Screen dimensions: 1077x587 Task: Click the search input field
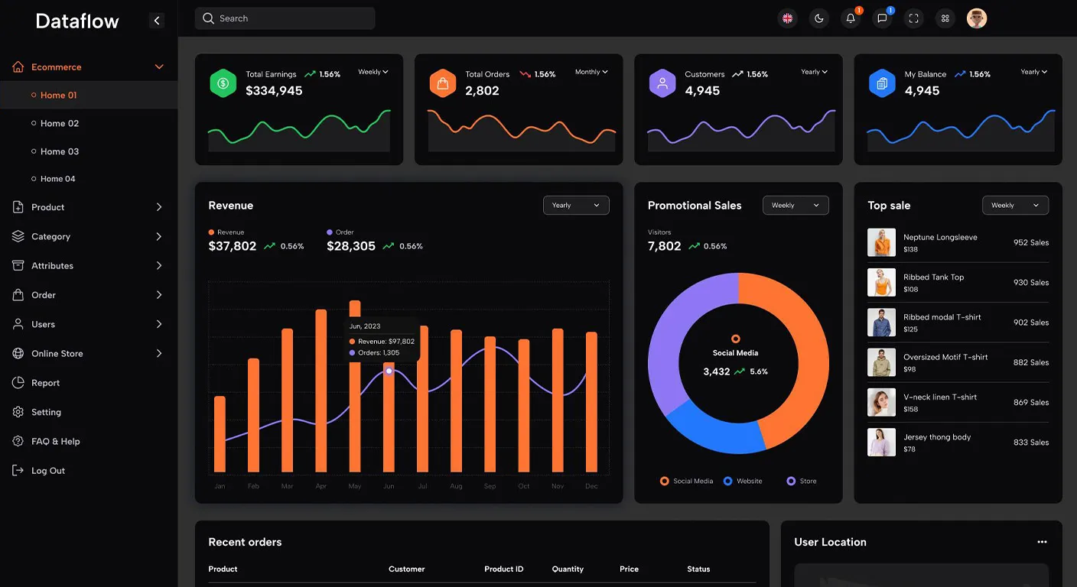(x=285, y=18)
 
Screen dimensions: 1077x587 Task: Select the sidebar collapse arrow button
(x=157, y=21)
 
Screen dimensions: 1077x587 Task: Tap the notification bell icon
(x=851, y=18)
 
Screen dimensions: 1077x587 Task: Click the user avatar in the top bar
(x=977, y=18)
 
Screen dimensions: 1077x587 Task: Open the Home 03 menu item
(x=59, y=151)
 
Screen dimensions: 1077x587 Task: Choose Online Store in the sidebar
(x=57, y=354)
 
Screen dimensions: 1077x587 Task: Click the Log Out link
(x=47, y=471)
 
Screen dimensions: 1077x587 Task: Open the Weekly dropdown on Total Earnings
(x=373, y=72)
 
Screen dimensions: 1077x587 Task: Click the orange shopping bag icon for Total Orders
(x=442, y=83)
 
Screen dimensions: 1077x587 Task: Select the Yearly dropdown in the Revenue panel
(x=576, y=205)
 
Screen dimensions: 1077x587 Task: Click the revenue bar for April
(x=320, y=391)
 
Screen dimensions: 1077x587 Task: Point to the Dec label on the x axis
(x=591, y=486)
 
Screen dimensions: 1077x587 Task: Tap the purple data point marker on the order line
(x=389, y=371)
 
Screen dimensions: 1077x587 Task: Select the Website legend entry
(x=743, y=481)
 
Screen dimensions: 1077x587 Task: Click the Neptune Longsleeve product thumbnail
(x=881, y=242)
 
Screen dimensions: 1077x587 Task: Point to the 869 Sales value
(x=1031, y=402)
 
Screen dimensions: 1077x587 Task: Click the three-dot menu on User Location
(x=1042, y=542)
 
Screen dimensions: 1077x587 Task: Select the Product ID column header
(x=503, y=569)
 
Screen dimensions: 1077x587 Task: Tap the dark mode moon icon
(x=818, y=18)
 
